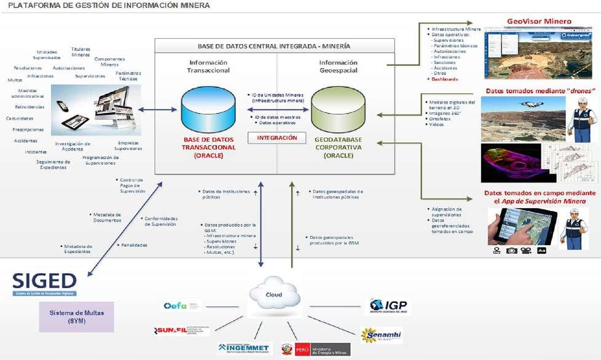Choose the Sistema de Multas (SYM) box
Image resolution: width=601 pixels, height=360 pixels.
click(77, 316)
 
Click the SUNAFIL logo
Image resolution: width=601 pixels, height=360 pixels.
click(182, 331)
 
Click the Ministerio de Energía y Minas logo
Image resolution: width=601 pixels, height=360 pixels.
click(315, 350)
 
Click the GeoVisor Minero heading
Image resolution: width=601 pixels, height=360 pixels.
click(539, 22)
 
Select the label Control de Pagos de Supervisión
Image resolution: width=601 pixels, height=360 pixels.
click(132, 185)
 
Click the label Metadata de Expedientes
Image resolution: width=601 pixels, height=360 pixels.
click(78, 248)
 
